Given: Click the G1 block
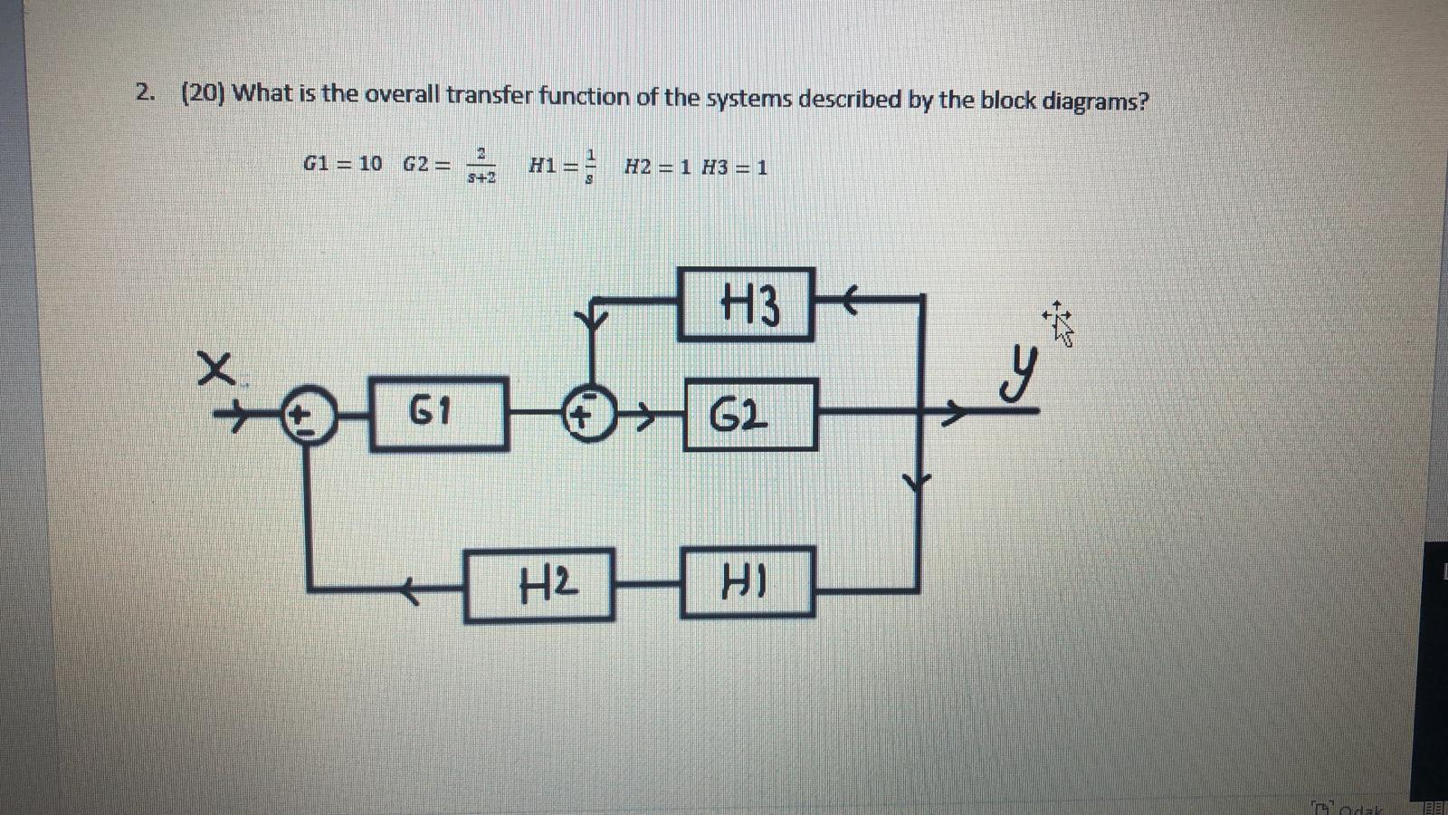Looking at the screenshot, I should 438,413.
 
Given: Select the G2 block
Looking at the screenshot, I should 750,415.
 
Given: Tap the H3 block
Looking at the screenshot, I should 746,304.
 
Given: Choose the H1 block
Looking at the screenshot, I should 747,581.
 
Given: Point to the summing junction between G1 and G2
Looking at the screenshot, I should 586,417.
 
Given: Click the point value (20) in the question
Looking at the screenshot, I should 204,93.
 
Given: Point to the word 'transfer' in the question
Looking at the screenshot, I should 488,95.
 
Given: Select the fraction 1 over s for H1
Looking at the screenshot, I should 590,166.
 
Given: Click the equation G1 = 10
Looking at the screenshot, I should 342,164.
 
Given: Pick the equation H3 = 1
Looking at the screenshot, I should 735,168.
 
